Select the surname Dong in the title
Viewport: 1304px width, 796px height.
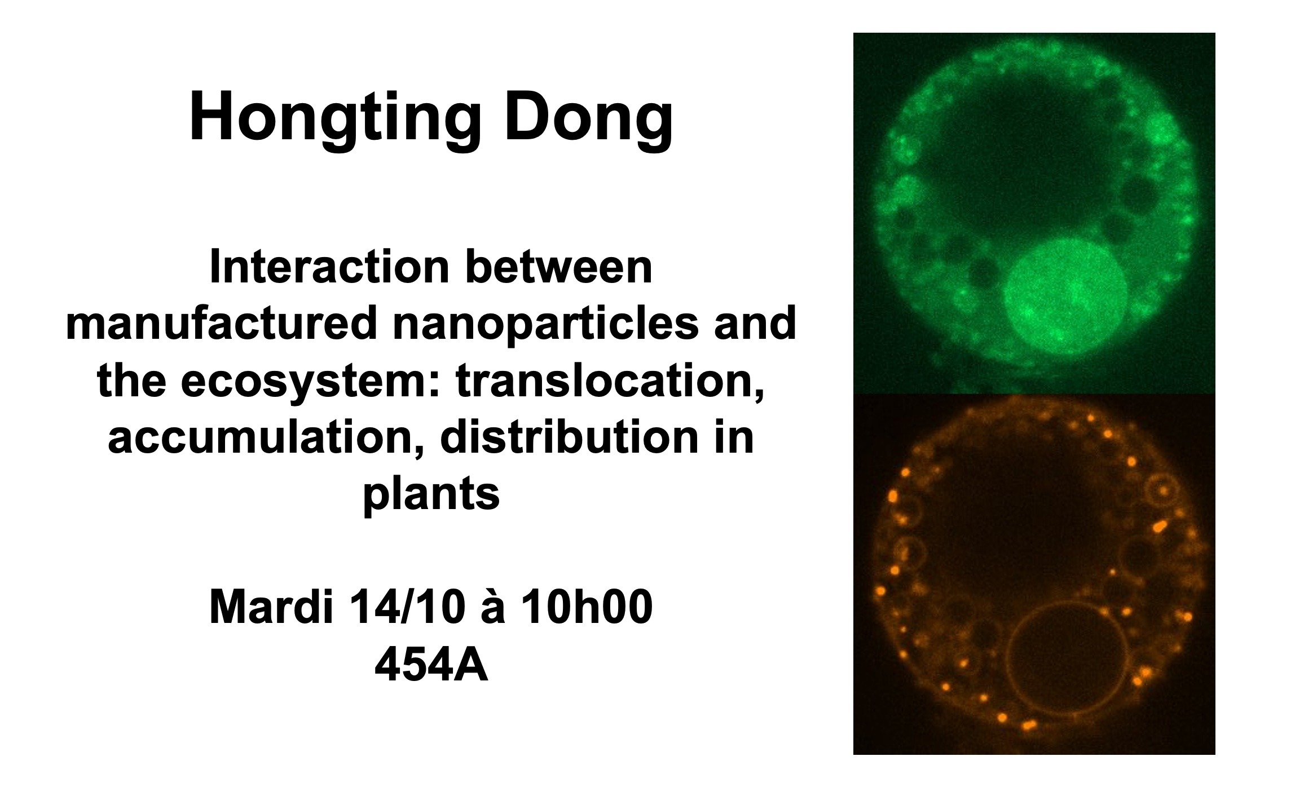pyautogui.click(x=588, y=119)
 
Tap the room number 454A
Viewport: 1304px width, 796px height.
pyautogui.click(x=431, y=666)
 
